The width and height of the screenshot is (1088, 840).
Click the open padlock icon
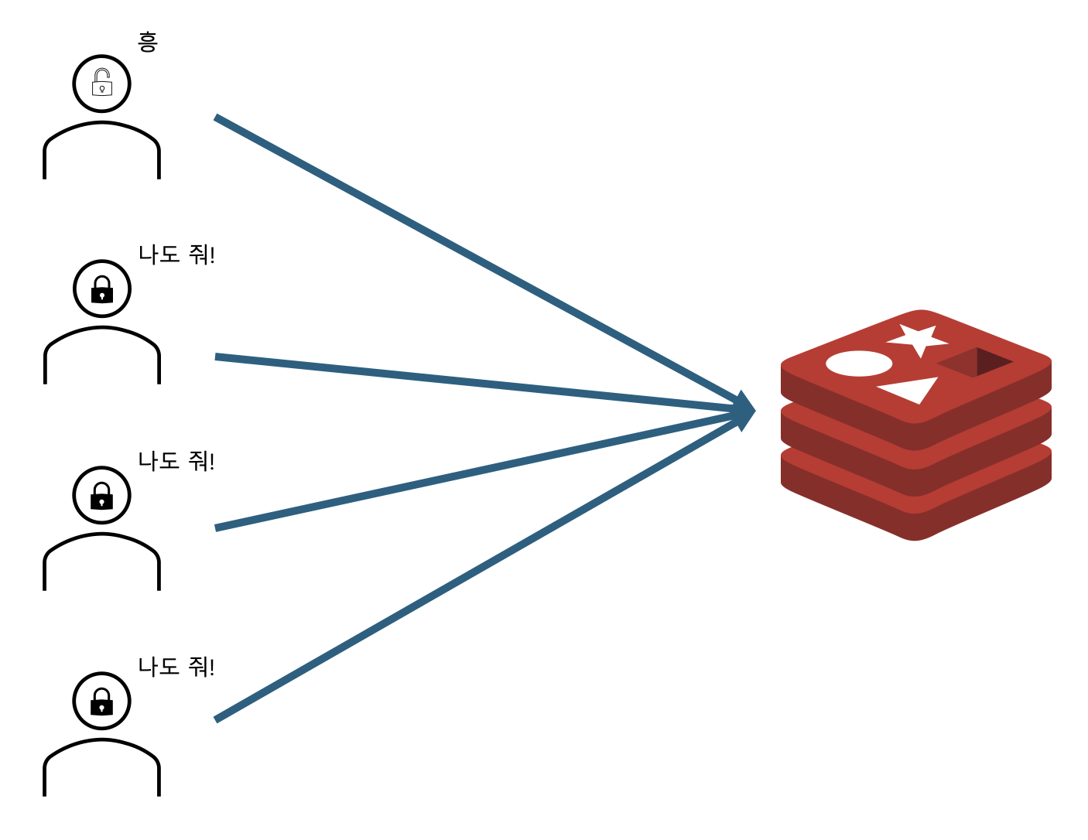click(101, 83)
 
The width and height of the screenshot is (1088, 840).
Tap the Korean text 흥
click(147, 42)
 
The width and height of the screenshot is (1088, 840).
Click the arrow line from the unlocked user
click(464, 254)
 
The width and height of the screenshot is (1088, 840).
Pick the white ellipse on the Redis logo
click(859, 364)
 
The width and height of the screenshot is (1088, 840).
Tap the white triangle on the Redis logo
click(912, 391)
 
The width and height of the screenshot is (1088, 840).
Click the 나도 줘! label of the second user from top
click(176, 254)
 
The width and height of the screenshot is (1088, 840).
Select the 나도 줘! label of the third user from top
click(176, 461)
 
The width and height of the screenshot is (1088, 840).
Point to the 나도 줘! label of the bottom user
click(176, 667)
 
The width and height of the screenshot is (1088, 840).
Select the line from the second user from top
click(464, 382)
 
